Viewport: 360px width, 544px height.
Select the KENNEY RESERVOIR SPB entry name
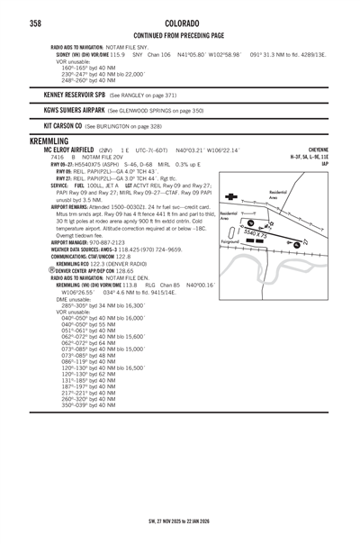click(x=75, y=94)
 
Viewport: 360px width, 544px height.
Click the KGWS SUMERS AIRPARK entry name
click(x=73, y=110)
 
